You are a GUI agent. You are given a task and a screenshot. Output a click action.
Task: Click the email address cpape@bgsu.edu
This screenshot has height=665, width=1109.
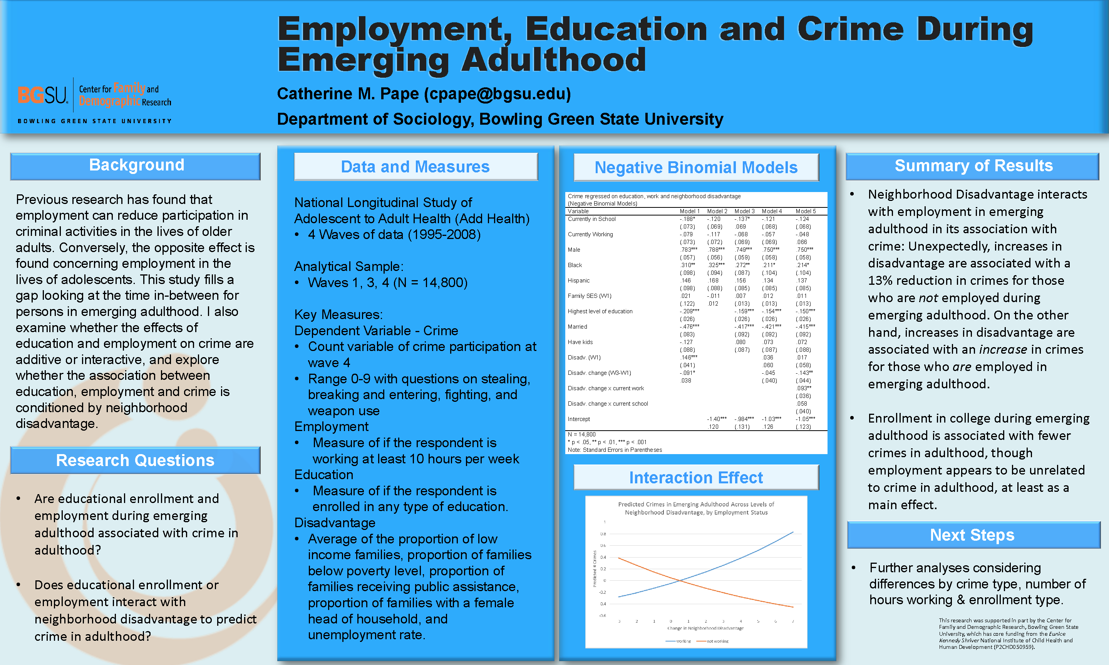[498, 94]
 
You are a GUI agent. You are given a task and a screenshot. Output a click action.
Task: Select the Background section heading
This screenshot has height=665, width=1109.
[136, 165]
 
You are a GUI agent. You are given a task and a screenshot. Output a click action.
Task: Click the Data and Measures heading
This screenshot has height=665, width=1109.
[415, 167]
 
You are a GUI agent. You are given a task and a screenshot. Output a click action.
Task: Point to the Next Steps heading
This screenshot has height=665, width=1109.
[972, 535]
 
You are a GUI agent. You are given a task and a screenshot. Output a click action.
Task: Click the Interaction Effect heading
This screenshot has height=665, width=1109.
[696, 478]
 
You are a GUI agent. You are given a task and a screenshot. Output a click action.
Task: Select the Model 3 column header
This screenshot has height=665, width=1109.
[744, 211]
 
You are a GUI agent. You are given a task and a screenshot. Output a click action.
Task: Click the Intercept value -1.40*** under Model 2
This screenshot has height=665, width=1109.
[716, 419]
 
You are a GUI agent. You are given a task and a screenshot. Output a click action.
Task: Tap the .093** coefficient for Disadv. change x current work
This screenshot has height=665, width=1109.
[804, 388]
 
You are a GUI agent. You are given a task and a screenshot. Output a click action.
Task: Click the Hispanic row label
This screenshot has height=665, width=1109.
[579, 281]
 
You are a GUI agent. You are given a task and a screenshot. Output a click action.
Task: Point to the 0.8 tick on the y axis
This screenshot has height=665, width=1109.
[603, 534]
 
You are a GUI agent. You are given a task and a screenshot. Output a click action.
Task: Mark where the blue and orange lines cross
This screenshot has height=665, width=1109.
[680, 581]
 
